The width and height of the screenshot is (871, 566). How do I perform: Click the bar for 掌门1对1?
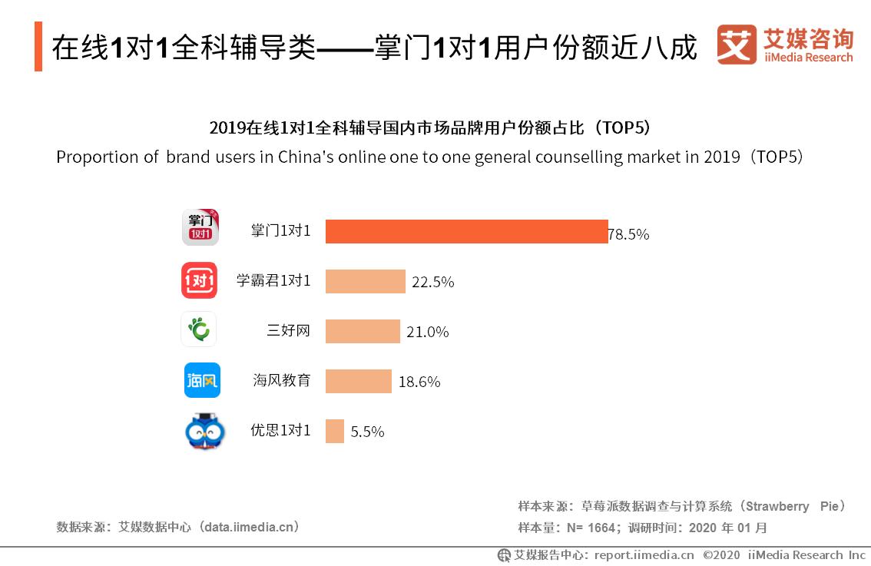[466, 231]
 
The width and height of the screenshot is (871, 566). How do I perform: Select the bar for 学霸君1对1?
[365, 281]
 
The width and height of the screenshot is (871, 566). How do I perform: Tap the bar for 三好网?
[363, 331]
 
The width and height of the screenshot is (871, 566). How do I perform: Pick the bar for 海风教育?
[358, 381]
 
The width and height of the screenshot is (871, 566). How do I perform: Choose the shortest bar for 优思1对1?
[334, 431]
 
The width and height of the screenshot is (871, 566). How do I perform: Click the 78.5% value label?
[629, 234]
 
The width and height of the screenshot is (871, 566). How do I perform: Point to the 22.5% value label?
[432, 282]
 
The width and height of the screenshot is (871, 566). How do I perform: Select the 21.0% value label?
[427, 332]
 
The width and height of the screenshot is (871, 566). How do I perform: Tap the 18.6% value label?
[419, 382]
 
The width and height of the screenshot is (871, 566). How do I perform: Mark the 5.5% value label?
[367, 432]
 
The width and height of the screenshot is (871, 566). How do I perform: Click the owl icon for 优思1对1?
[205, 432]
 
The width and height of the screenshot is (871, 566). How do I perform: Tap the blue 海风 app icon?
[202, 380]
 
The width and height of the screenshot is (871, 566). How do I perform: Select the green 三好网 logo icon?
[199, 329]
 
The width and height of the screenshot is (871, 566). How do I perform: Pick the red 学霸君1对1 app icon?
[199, 280]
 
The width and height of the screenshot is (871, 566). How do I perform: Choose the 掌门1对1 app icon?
[200, 227]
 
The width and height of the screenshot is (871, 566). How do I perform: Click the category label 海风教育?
[282, 380]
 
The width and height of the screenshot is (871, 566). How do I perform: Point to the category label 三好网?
[288, 330]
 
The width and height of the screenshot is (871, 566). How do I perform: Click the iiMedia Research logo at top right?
[784, 45]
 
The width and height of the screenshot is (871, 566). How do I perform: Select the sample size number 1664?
[602, 528]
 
